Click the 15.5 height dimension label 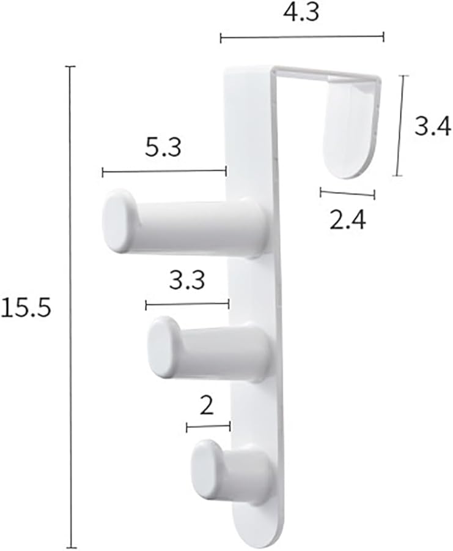[25, 308]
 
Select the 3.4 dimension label [432, 127]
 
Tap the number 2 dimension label [207, 405]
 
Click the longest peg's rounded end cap [119, 221]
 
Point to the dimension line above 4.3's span [302, 38]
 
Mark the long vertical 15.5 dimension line [72, 306]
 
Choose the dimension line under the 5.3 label [164, 173]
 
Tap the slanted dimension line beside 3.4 [400, 126]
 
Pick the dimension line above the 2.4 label [347, 193]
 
